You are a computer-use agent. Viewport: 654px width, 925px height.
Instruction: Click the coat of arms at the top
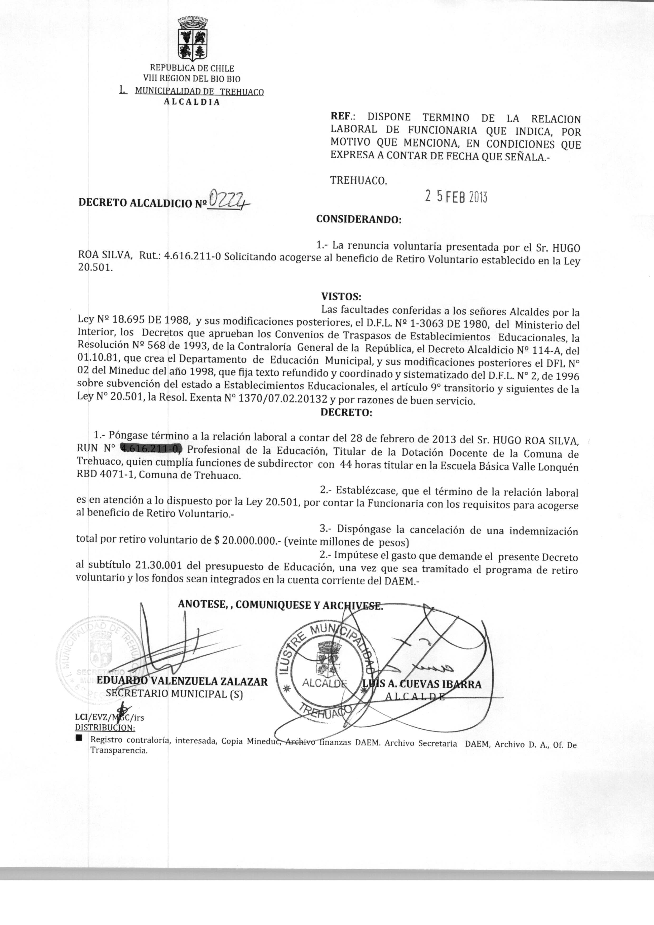[x=193, y=39]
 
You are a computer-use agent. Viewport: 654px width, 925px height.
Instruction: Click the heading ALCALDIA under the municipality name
[x=192, y=102]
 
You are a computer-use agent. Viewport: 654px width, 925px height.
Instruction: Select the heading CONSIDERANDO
[x=359, y=219]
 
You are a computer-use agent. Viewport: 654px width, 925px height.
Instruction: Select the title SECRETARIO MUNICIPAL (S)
[x=174, y=694]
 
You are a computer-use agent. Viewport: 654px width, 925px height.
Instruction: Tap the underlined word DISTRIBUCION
[x=105, y=728]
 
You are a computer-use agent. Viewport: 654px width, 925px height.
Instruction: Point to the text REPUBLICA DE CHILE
[x=192, y=68]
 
